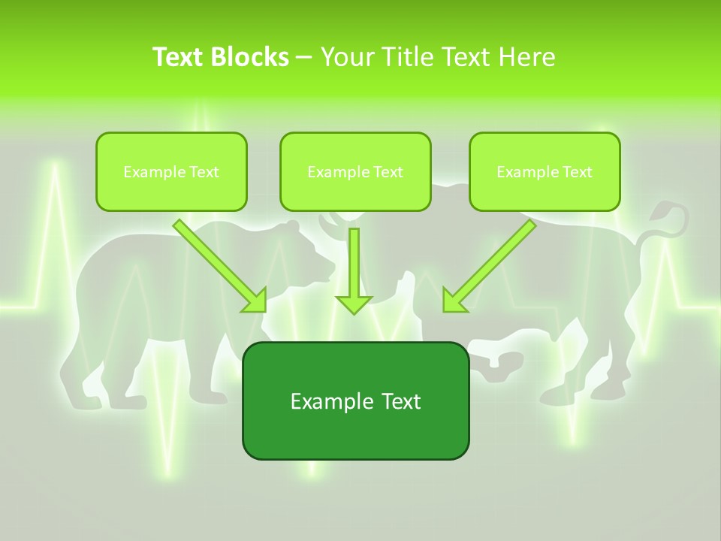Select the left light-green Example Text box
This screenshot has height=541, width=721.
171,171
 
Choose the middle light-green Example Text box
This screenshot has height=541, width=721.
355,171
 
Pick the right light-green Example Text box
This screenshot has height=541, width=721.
545,171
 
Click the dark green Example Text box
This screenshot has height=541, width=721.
355,400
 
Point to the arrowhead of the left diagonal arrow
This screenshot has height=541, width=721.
255,301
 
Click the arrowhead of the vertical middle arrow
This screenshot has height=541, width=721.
354,304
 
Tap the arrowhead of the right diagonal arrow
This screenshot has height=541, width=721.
454,301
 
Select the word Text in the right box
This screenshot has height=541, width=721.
576,171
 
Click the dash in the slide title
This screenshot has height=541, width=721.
304,57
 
